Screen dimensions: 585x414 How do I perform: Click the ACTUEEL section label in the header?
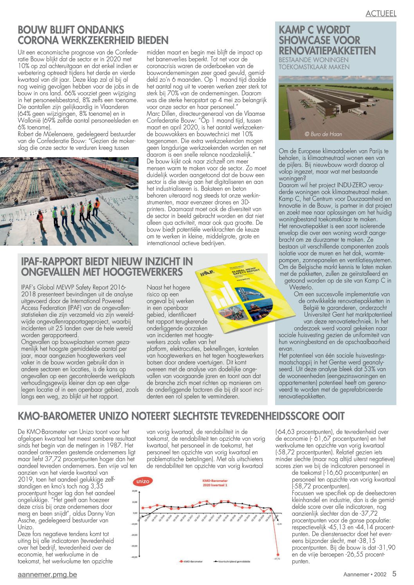[x=381, y=13]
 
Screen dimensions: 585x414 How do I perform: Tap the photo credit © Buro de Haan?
[x=323, y=134]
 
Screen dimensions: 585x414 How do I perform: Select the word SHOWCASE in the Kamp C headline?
[x=319, y=40]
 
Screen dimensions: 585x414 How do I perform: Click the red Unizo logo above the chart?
[x=142, y=482]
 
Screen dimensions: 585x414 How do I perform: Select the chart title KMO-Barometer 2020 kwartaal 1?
[x=215, y=483]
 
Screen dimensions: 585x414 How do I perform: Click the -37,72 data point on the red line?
[x=278, y=554]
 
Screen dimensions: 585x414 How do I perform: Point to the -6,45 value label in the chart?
[x=279, y=524]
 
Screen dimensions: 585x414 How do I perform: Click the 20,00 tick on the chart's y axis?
[x=135, y=491]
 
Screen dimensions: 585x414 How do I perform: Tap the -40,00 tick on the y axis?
[x=134, y=556]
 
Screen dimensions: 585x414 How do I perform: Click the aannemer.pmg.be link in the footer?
[x=47, y=574]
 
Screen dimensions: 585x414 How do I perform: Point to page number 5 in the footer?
[x=394, y=574]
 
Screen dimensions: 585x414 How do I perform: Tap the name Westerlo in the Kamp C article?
[x=301, y=287]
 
